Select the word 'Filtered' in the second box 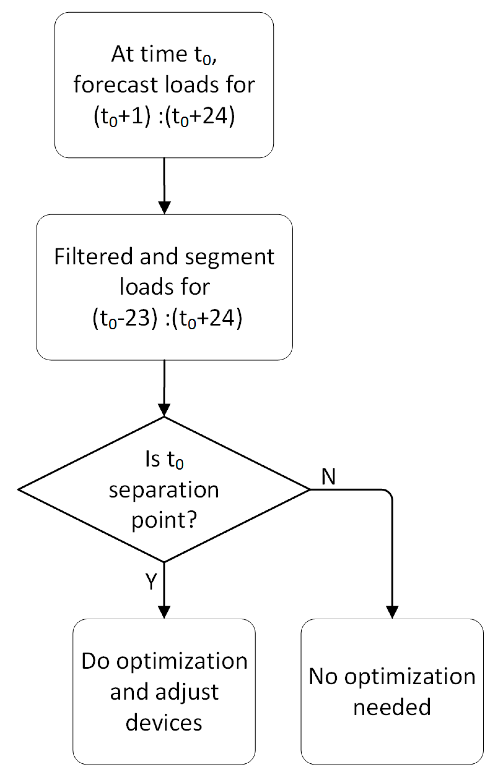(93, 257)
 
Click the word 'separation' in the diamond (164, 490)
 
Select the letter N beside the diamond (328, 477)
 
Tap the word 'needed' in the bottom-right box (392, 707)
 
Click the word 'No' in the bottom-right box (323, 676)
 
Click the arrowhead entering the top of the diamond (164, 410)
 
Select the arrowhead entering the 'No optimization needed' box (392, 612)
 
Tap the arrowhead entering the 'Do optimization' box (164, 612)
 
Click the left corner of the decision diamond (19, 489)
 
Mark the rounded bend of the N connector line (389, 493)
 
